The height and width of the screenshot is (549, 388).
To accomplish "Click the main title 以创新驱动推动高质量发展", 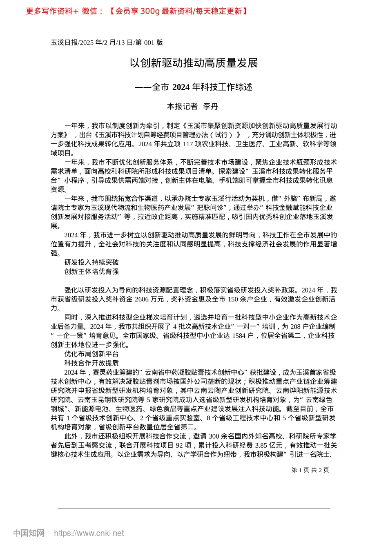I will (x=194, y=63).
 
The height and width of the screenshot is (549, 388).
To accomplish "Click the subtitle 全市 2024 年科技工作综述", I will (x=202, y=87).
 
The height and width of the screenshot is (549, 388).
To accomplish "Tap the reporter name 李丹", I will (x=211, y=107).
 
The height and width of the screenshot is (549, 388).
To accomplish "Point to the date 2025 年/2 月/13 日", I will (x=104, y=42).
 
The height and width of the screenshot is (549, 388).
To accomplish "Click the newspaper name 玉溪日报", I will (x=64, y=42).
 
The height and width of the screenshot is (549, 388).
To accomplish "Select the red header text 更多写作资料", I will (x=49, y=11).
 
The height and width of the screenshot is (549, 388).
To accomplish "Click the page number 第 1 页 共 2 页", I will (x=310, y=470).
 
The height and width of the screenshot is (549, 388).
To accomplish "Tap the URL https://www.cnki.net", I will (x=89, y=533).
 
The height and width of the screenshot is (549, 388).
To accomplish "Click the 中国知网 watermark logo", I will (x=29, y=533).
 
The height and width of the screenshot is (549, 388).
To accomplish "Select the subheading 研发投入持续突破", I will (x=91, y=262).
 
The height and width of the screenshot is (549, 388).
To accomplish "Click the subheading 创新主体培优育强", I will (x=91, y=271).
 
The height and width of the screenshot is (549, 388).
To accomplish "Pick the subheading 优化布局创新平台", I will (x=91, y=354).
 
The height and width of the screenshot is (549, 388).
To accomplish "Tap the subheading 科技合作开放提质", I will (x=91, y=363).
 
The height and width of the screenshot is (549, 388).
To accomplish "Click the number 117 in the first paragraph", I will (x=187, y=144).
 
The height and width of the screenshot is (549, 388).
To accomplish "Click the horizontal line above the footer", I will (x=194, y=509).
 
